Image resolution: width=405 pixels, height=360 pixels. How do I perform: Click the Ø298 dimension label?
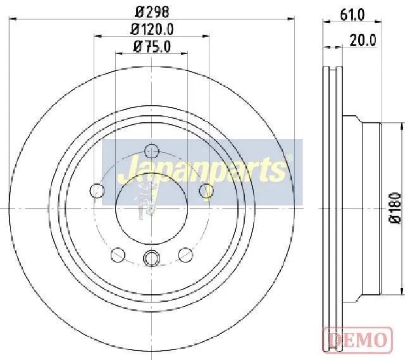click(153, 11)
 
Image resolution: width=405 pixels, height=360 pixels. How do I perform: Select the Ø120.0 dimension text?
click(152, 29)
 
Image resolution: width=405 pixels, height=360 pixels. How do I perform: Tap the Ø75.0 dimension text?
click(152, 47)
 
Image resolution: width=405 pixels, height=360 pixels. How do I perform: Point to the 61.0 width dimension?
click(352, 15)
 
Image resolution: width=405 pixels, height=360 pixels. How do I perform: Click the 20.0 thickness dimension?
click(363, 40)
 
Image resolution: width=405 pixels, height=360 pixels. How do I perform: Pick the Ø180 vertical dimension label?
click(395, 208)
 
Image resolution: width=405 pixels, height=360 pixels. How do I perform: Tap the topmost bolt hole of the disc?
click(151, 151)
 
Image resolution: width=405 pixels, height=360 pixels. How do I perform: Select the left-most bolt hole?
click(97, 191)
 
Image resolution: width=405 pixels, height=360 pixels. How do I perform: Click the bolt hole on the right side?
click(206, 191)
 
